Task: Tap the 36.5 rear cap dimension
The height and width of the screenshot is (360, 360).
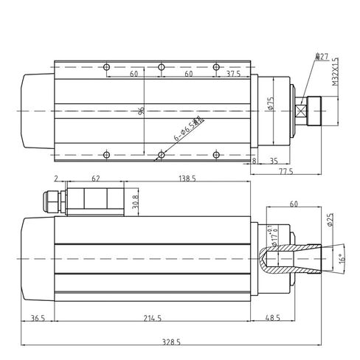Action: [x=38, y=319]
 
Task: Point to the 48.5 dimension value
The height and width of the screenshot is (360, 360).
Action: [x=272, y=319]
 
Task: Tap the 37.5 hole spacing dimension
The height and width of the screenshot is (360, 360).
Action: [x=234, y=75]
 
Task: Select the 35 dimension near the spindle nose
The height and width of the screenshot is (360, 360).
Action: [x=273, y=159]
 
